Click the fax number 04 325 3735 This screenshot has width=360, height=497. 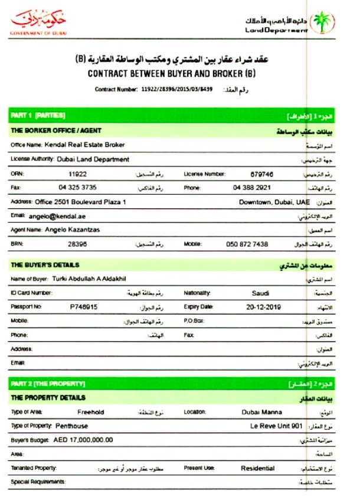pos(78,188)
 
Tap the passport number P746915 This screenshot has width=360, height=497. pos(84,307)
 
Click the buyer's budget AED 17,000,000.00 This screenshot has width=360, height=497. pos(83,440)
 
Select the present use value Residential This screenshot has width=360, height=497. pos(257,468)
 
